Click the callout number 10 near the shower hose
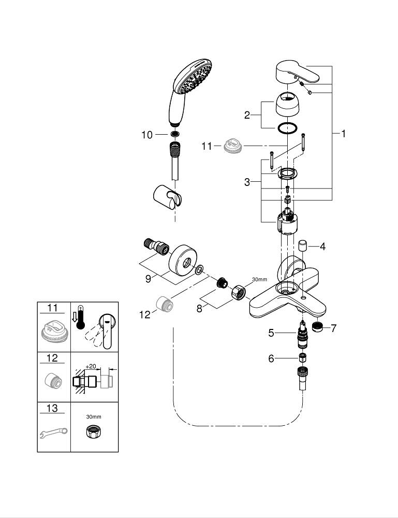point(148,135)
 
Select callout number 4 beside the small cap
point(322,247)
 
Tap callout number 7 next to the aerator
point(333,328)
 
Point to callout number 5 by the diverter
point(271,333)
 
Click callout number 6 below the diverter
point(271,358)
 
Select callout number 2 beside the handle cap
point(247,114)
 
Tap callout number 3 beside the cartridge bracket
point(247,182)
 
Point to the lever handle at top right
point(298,72)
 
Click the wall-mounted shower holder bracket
point(169,198)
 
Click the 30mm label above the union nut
point(259,280)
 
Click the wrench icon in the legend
point(53,431)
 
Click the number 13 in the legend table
point(52,408)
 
